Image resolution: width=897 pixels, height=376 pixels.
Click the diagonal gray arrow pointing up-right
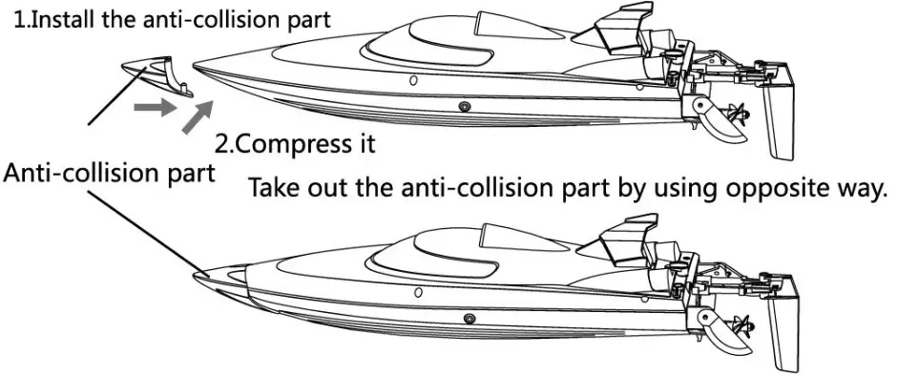pyautogui.click(x=197, y=118)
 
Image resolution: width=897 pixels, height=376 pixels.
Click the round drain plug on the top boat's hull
pyautogui.click(x=465, y=106)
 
